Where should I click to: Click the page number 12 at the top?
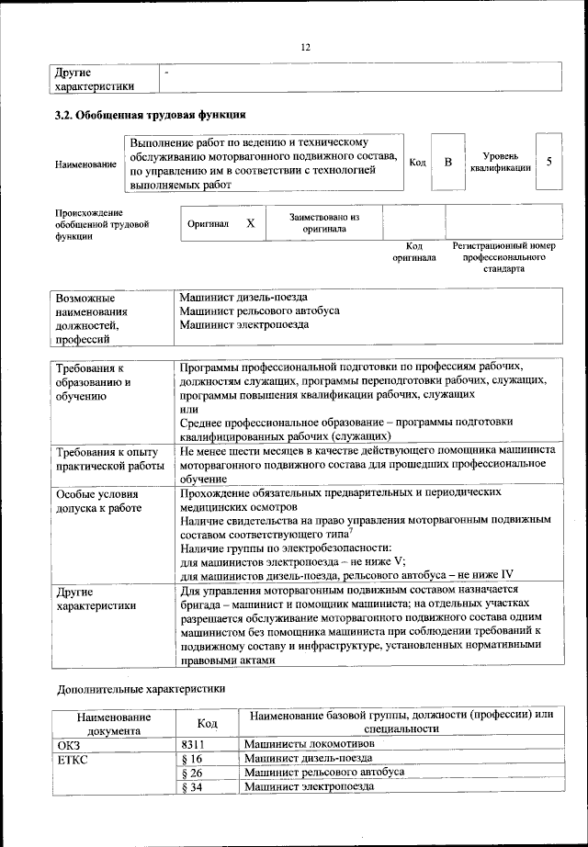tap(306, 47)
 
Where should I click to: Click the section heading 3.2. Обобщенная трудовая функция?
tap(150, 115)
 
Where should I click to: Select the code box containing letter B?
tap(448, 163)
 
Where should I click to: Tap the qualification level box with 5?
tap(548, 163)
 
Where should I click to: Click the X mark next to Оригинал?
tap(250, 223)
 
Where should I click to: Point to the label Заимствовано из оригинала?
tap(324, 223)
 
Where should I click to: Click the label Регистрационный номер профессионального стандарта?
tap(504, 258)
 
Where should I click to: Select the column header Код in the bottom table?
tap(208, 723)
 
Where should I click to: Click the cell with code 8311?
tap(192, 744)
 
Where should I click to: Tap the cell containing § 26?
tap(192, 773)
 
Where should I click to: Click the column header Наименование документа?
tap(114, 723)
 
